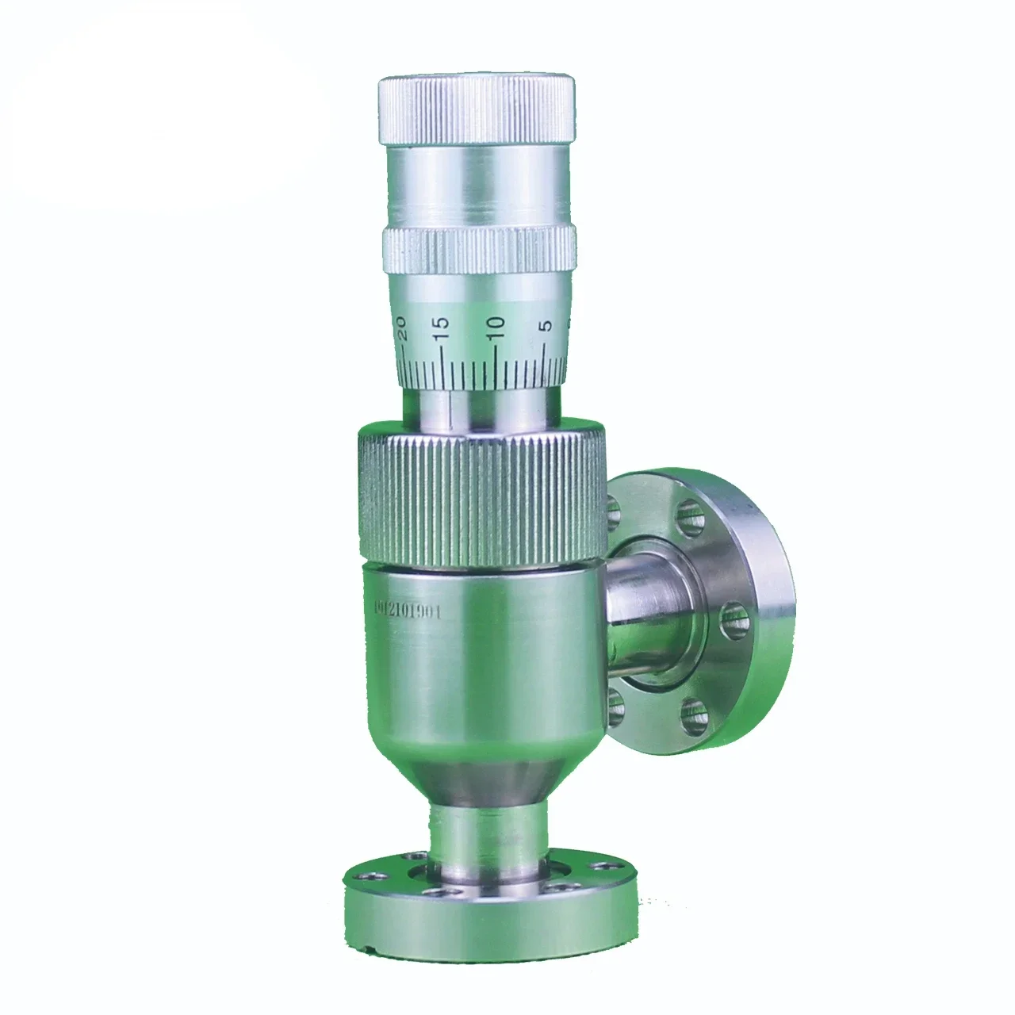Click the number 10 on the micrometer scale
coord(496,327)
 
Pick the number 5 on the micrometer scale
coord(545,327)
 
